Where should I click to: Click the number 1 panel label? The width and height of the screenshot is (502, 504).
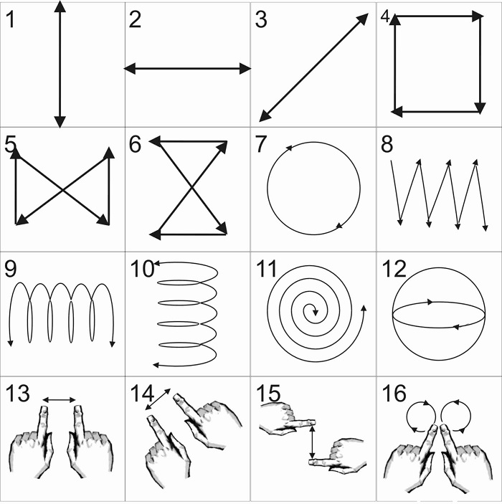(10, 19)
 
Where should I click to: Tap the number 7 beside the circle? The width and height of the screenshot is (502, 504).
(261, 144)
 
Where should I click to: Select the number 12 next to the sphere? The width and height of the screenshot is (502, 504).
(394, 269)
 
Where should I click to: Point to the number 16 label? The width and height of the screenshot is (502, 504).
(394, 394)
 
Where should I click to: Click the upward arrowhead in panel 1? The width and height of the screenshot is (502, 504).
(60, 6)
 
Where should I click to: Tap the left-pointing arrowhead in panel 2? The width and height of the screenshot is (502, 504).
(130, 68)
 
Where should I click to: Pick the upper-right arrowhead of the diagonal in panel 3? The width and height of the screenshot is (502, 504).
(363, 19)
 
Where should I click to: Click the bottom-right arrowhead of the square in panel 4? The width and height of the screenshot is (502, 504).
(480, 109)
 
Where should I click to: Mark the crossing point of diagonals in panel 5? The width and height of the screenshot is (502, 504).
(62, 190)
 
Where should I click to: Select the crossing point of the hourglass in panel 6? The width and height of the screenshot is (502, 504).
(192, 187)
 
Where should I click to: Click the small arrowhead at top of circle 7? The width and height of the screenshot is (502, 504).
(288, 148)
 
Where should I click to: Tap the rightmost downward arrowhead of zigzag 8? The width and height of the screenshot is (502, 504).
(486, 228)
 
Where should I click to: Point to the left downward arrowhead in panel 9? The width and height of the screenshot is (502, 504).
(10, 343)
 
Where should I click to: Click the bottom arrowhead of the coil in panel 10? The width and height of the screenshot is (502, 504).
(156, 365)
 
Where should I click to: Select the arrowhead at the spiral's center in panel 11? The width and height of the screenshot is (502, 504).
(316, 312)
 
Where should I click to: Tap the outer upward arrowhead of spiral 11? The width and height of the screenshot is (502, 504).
(364, 308)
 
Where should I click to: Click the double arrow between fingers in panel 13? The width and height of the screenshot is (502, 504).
(59, 400)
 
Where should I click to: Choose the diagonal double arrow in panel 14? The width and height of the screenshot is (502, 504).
(158, 399)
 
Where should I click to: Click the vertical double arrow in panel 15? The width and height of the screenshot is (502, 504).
(312, 442)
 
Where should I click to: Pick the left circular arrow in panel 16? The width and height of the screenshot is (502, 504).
(421, 417)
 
